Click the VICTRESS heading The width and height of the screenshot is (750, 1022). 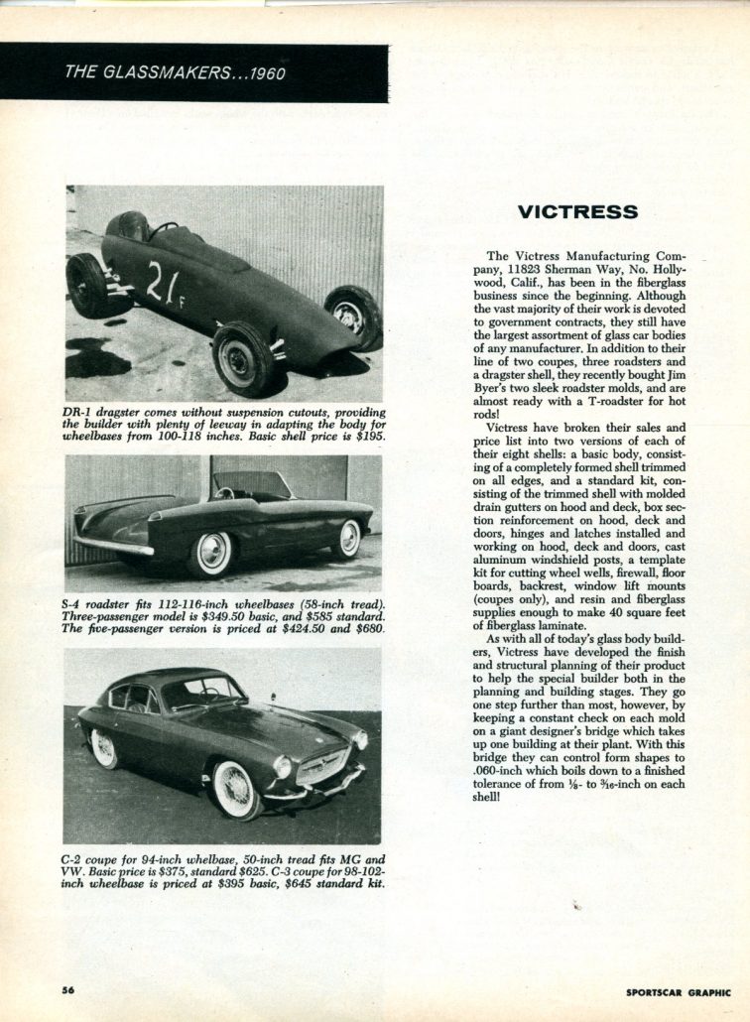(x=577, y=211)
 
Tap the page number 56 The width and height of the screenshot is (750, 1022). (x=68, y=990)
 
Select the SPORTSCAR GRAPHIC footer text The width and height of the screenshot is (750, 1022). (x=679, y=991)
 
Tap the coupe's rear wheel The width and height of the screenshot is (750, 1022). (x=102, y=746)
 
